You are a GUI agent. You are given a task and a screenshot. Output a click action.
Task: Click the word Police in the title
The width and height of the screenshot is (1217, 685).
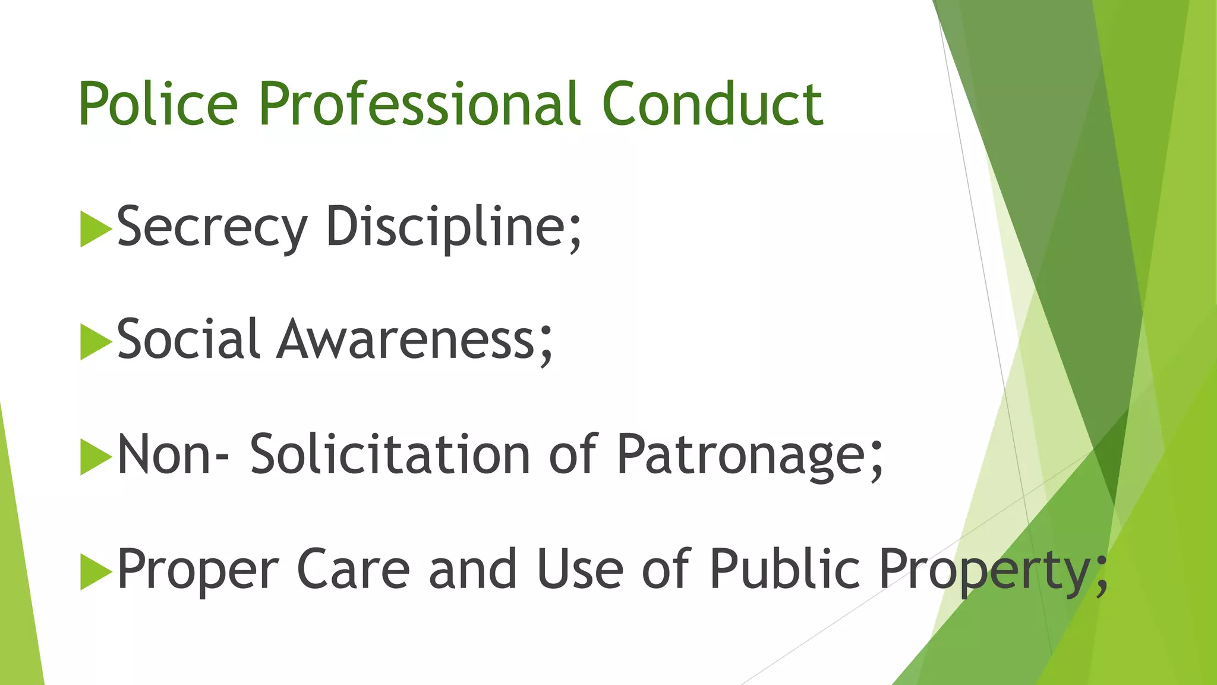[x=158, y=104]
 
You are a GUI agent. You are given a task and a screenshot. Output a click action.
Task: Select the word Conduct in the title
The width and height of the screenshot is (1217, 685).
[x=712, y=104]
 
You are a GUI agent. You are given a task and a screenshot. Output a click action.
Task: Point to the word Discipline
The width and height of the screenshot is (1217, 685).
[x=453, y=228]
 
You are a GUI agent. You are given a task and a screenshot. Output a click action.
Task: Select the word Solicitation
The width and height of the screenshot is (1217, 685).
[x=390, y=454]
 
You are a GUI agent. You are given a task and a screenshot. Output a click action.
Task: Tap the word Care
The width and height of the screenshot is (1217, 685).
[x=353, y=569]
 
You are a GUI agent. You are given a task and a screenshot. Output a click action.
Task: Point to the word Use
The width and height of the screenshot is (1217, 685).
[x=579, y=569]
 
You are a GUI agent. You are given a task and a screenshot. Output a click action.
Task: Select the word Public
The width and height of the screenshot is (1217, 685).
[x=784, y=569]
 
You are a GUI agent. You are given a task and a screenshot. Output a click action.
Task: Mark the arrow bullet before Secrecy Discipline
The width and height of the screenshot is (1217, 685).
[x=95, y=229]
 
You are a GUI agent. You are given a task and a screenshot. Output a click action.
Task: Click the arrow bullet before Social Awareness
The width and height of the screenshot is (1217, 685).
[x=95, y=342]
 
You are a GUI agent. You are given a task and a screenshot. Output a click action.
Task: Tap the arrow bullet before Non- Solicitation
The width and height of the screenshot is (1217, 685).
[x=95, y=457]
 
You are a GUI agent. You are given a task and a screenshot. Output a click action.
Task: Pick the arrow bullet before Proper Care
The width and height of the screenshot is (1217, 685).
[x=95, y=571]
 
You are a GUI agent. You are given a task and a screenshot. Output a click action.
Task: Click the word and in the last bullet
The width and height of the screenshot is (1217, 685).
[x=472, y=569]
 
